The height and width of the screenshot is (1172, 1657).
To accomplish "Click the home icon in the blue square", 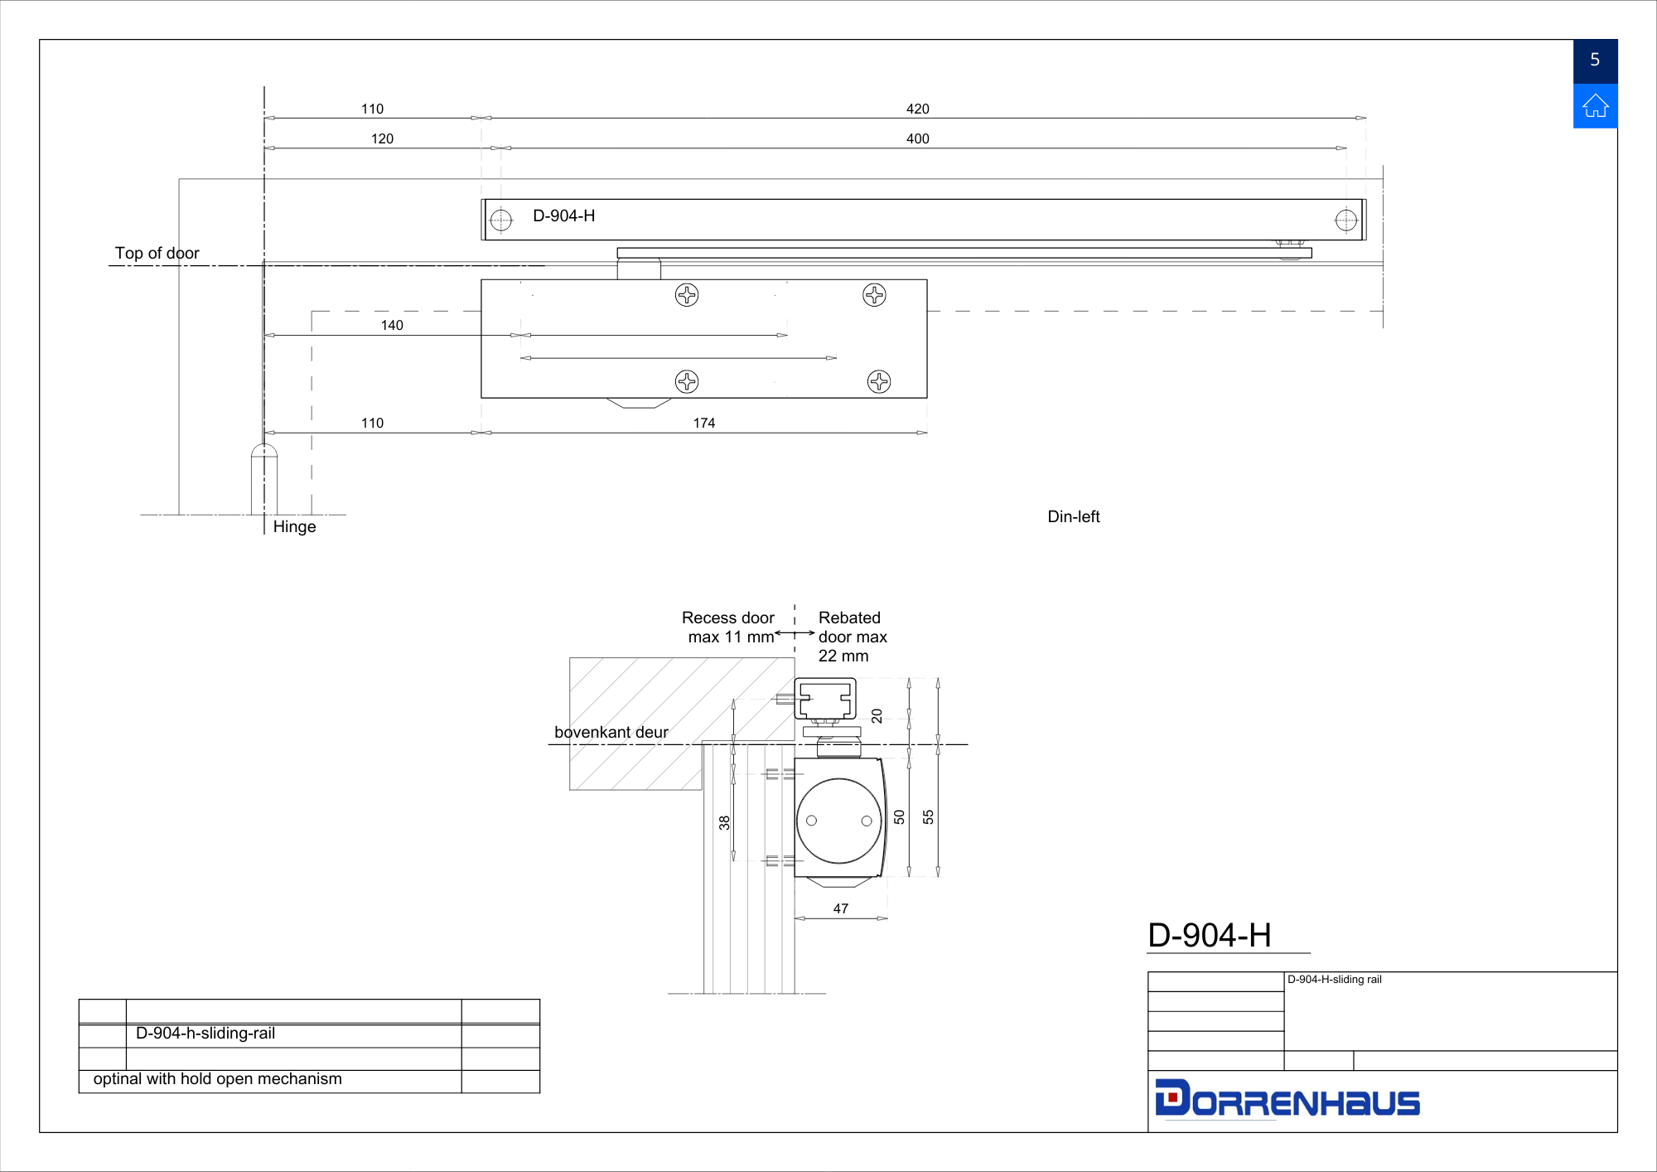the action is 1595,106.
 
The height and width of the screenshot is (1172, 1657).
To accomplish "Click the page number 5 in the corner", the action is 1595,60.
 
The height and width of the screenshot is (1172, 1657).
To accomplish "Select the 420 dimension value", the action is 917,109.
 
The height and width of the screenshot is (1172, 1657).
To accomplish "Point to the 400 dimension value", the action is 917,138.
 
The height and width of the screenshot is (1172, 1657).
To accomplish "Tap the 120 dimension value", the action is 382,138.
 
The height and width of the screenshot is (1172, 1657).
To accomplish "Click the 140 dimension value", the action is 392,325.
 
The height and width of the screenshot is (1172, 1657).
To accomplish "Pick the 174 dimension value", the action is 704,423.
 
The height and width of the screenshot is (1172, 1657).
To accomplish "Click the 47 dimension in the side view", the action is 841,908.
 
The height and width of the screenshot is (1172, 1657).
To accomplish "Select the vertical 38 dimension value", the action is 725,823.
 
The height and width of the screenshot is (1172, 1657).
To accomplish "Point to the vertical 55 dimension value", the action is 928,817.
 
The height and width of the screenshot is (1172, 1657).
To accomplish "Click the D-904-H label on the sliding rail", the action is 563,216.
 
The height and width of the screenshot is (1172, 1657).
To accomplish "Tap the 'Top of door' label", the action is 157,253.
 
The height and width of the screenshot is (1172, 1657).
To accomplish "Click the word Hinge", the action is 294,526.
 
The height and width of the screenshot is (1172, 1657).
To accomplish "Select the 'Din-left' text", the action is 1074,516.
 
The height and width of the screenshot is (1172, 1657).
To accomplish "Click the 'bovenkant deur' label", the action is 611,732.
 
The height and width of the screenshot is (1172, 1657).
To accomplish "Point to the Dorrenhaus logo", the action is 1287,1098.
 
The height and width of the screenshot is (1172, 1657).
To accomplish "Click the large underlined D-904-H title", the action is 1210,935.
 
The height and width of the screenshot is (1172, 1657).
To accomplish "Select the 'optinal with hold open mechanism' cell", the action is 218,1078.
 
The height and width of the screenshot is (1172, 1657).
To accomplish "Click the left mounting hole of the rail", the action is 501,220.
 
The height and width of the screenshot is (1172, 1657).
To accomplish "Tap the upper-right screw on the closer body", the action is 874,294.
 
